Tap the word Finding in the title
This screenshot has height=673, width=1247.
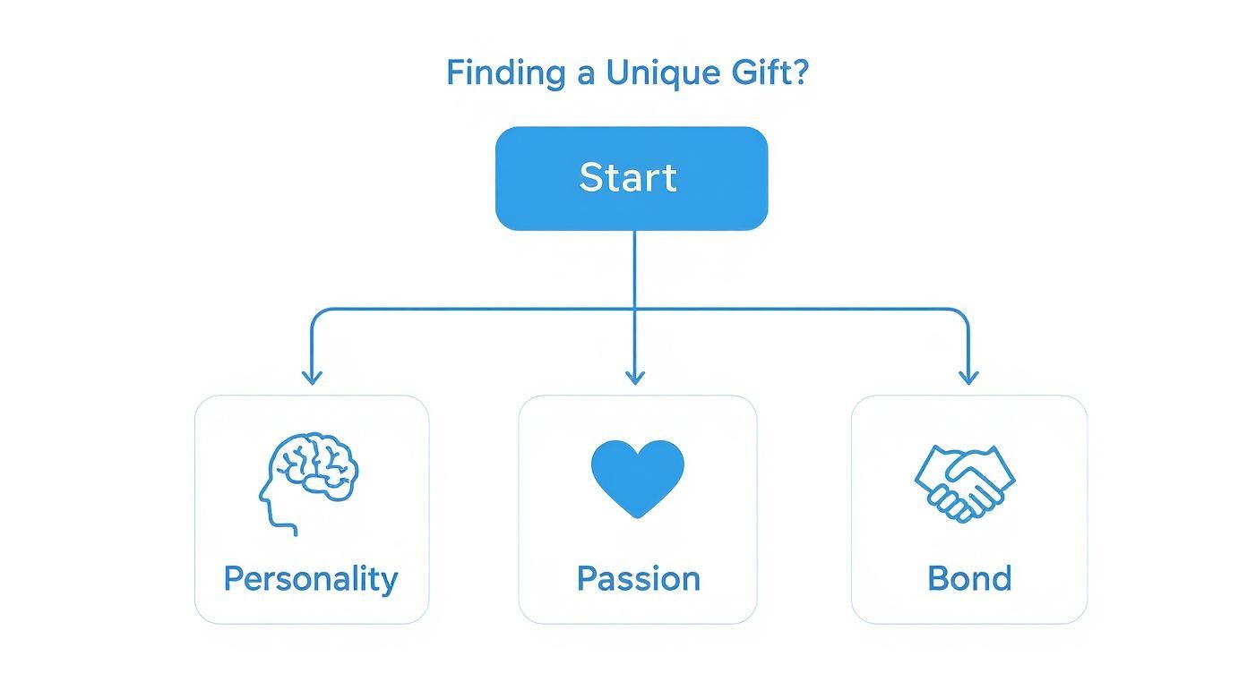coord(505,72)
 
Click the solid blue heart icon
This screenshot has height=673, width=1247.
coord(637,476)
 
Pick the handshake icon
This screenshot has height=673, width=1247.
coord(965,483)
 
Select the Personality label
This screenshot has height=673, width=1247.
coord(310,579)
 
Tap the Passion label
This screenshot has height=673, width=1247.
coord(638,578)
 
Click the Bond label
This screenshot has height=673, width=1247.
coord(969,578)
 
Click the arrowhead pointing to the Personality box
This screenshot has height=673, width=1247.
coord(312,377)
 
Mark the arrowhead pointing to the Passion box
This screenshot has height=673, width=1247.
coord(635,377)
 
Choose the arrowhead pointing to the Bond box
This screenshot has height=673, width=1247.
coord(967,377)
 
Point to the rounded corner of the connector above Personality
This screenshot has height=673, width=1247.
coord(316,314)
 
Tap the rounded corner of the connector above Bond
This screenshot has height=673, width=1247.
coord(962,314)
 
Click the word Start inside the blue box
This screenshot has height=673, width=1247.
coord(627,177)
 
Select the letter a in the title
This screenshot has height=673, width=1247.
coord(585,72)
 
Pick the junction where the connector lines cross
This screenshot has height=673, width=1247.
coord(634,310)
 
